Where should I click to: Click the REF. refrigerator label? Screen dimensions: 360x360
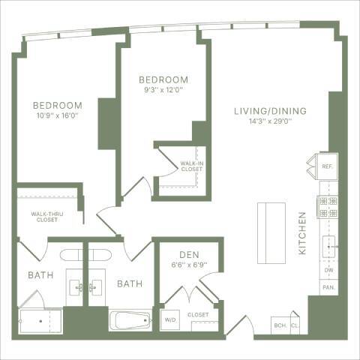click(x=327, y=166)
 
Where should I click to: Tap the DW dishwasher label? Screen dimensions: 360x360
click(x=328, y=270)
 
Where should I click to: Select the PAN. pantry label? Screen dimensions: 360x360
click(x=328, y=287)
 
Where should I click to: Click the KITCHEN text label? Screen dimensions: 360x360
click(x=303, y=233)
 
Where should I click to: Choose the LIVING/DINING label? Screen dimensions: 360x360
click(x=269, y=112)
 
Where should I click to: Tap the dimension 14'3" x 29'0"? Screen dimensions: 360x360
click(x=269, y=121)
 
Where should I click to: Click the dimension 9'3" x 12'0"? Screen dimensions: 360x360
click(x=162, y=90)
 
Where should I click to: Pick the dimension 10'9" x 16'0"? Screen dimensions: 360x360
click(x=58, y=116)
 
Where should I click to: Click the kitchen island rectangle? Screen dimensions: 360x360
click(x=268, y=232)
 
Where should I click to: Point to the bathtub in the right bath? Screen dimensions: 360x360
click(x=132, y=321)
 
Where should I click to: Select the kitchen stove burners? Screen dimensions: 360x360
click(x=328, y=207)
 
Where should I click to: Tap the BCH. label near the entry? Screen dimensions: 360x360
click(x=280, y=325)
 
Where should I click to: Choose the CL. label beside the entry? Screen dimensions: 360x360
click(x=295, y=325)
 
